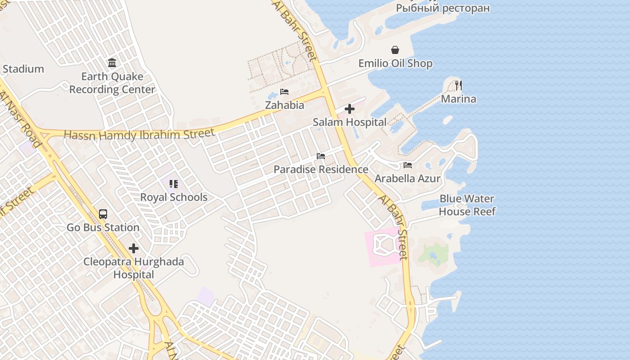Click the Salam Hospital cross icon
click(x=350, y=109)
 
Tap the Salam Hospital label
click(x=350, y=122)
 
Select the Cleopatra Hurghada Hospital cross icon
click(x=133, y=248)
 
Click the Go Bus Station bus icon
click(x=103, y=214)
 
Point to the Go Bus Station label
click(x=103, y=227)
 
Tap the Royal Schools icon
click(x=174, y=184)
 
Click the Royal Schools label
click(x=174, y=197)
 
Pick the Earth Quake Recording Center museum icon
click(x=112, y=63)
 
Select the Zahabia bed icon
click(x=284, y=92)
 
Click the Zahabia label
click(x=284, y=105)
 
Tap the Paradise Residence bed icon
click(x=321, y=156)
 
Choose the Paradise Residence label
click(x=321, y=170)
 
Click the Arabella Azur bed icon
click(x=408, y=165)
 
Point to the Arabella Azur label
click(x=408, y=179)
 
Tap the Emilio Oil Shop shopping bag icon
click(x=395, y=50)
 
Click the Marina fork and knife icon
click(x=459, y=85)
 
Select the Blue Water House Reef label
click(x=467, y=205)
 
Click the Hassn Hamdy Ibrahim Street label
click(x=139, y=134)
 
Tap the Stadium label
click(x=23, y=69)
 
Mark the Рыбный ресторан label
click(x=443, y=8)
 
